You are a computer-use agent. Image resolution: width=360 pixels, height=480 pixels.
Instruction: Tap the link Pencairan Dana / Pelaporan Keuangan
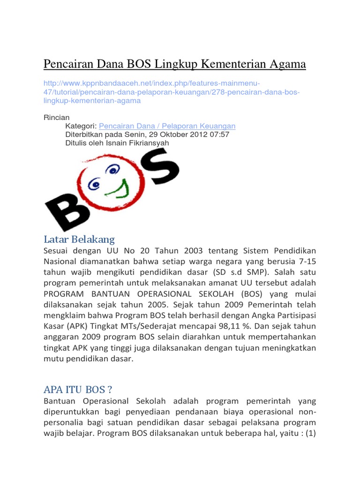(x=167, y=126)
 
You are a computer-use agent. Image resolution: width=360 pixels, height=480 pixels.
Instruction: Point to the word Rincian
(x=56, y=118)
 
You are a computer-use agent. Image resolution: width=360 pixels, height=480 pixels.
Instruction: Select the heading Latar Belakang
(x=79, y=240)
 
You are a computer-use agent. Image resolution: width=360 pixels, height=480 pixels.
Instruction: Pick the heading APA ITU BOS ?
(x=78, y=390)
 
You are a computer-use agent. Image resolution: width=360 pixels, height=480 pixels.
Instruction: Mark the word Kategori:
(x=81, y=126)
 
